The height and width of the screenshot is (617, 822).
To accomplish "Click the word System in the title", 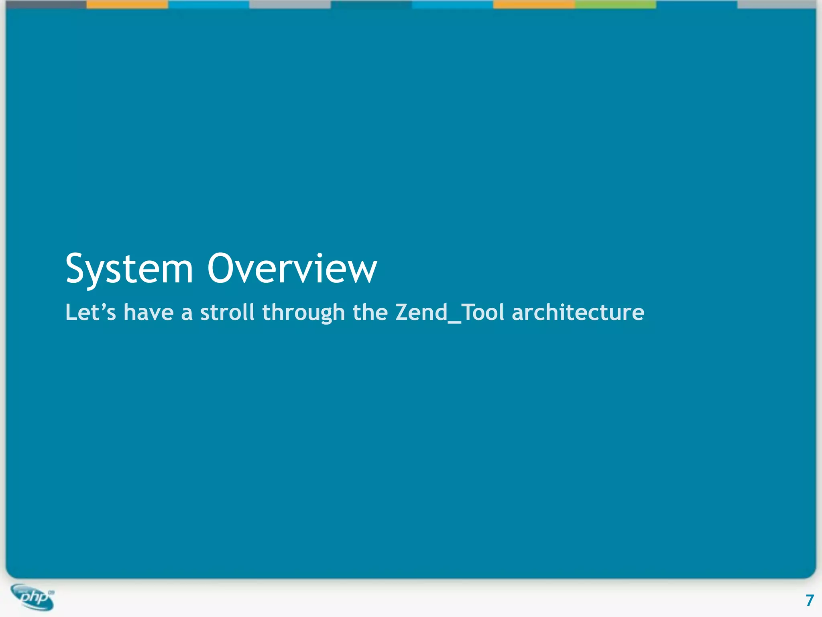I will (x=129, y=269).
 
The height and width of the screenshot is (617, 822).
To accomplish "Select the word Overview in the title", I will (x=292, y=268).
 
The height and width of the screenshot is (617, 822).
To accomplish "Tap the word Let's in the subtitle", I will (x=91, y=312).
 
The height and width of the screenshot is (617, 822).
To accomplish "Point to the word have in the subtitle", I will (x=149, y=312).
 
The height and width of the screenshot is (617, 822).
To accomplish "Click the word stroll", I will (x=227, y=312).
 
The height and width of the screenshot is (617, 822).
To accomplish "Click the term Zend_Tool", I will (x=450, y=312).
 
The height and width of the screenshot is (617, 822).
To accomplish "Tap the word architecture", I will (x=578, y=312).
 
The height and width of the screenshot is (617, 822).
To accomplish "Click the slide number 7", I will (x=810, y=600).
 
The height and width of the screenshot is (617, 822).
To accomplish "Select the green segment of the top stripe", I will (x=615, y=4).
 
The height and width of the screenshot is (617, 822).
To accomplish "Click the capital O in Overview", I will (x=222, y=268).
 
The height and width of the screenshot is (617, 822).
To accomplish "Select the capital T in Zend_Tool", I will (x=468, y=312).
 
